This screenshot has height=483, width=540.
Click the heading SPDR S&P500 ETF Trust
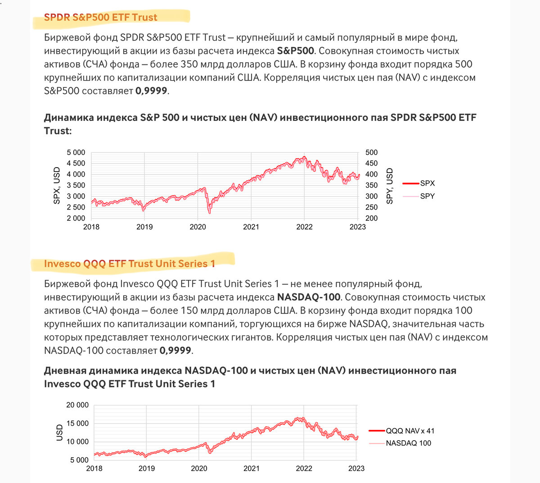100,18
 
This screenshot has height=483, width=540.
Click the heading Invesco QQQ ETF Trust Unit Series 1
130,264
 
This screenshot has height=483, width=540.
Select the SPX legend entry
427,183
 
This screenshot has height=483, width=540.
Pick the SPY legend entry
427,196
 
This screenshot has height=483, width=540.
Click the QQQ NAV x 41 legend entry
410,431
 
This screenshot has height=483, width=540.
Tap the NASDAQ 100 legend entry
408,443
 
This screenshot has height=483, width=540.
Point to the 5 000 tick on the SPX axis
76,153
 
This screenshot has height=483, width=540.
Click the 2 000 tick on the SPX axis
76,218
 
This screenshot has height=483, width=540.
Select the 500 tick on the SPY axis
372,153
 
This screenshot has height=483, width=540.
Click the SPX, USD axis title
57,186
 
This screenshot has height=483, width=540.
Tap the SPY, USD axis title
390,186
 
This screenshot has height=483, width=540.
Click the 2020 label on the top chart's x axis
198,227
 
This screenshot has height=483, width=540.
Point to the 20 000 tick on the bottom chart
77,405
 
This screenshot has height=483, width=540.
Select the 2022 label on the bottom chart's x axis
304,468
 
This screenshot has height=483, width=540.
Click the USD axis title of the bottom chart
60,433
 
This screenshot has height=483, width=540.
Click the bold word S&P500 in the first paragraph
295,51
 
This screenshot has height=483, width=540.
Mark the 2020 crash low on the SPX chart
209,213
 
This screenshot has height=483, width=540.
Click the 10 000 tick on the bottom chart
77,442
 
